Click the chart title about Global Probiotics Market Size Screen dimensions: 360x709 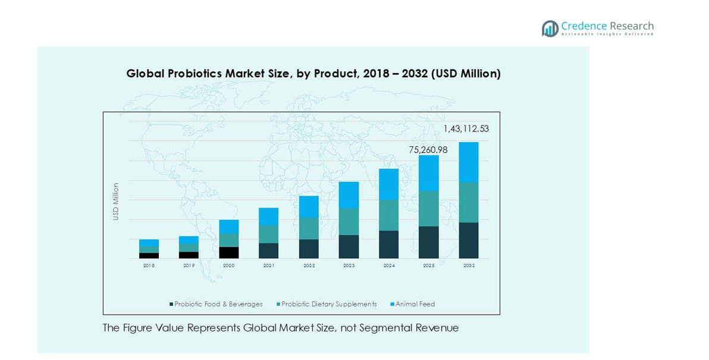pyautogui.click(x=313, y=74)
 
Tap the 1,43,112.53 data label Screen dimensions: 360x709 pyautogui.click(x=466, y=129)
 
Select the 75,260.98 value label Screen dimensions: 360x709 pyautogui.click(x=428, y=150)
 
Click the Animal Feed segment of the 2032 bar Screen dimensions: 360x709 pyautogui.click(x=469, y=162)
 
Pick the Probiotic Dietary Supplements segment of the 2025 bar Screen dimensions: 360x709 pyautogui.click(x=429, y=208)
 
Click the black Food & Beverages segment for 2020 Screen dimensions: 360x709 pyautogui.click(x=229, y=252)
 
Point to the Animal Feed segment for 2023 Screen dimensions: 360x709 pyautogui.click(x=349, y=195)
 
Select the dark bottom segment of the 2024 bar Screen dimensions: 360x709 pyautogui.click(x=389, y=244)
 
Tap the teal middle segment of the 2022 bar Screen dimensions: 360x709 pyautogui.click(x=309, y=228)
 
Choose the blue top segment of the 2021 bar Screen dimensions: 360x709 pyautogui.click(x=269, y=216)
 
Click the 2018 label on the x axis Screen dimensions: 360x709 pyautogui.click(x=149, y=265)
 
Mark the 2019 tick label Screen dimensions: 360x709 pyautogui.click(x=189, y=265)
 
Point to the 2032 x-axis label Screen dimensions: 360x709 pyautogui.click(x=469, y=265)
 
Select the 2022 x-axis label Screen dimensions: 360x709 pyautogui.click(x=309, y=265)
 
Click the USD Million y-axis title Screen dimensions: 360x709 pyautogui.click(x=116, y=201)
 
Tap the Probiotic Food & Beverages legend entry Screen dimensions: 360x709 pyautogui.click(x=218, y=304)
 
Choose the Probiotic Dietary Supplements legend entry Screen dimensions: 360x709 pyautogui.click(x=328, y=304)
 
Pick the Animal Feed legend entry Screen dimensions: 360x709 pyautogui.click(x=415, y=304)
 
